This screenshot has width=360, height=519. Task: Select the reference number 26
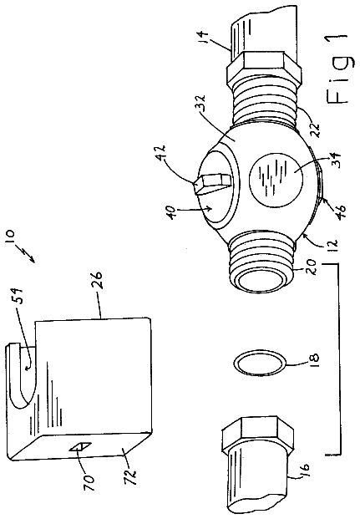click(97, 280)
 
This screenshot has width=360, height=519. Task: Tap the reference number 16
click(303, 470)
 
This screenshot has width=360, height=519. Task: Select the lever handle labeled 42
click(211, 182)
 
